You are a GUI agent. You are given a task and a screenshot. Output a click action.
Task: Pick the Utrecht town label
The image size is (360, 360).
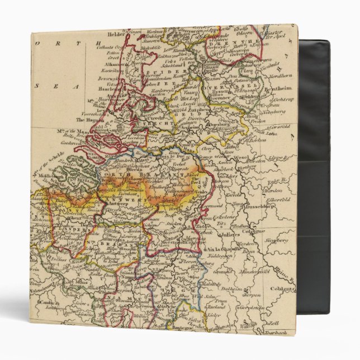pyautogui.click(x=155, y=119)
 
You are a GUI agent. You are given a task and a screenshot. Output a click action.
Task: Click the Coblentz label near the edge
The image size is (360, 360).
pyautogui.click(x=283, y=289)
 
